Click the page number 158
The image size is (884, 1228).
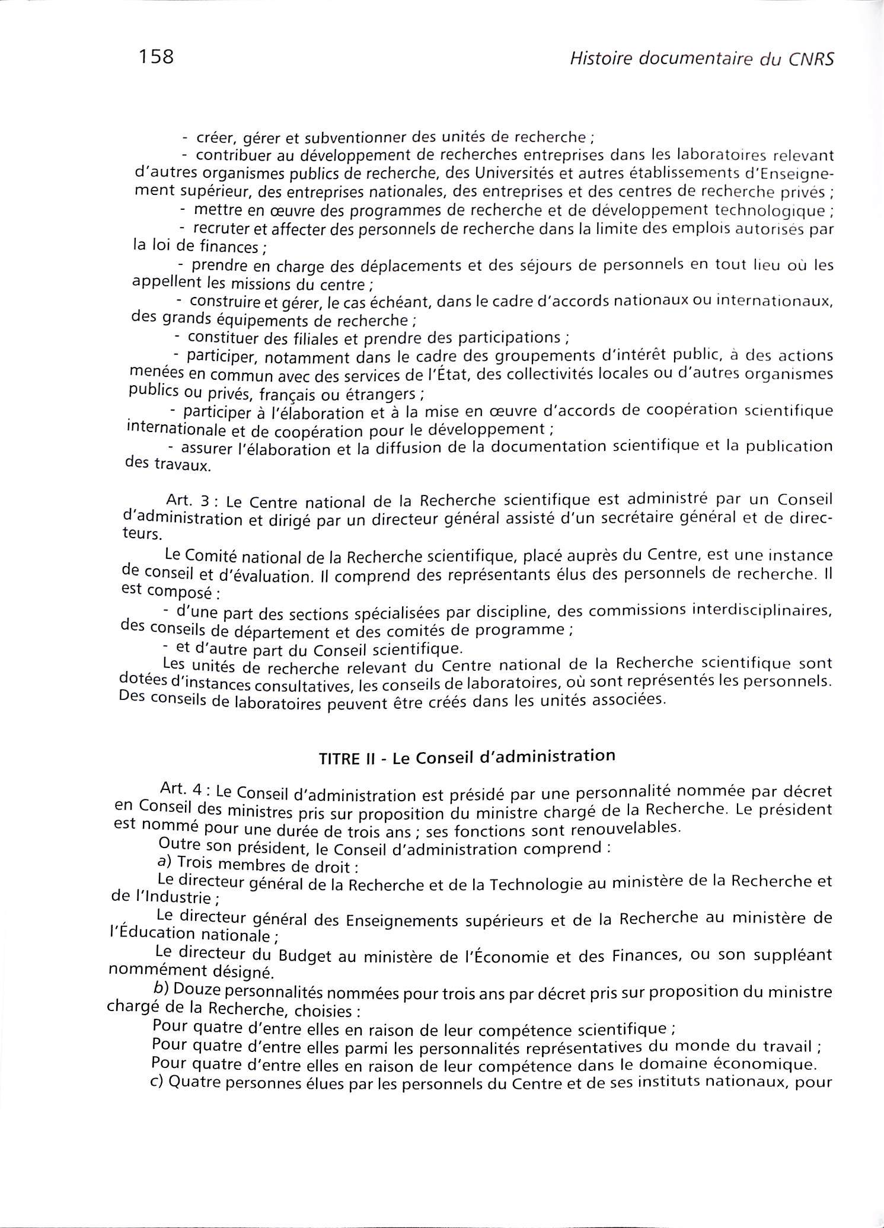click(156, 57)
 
